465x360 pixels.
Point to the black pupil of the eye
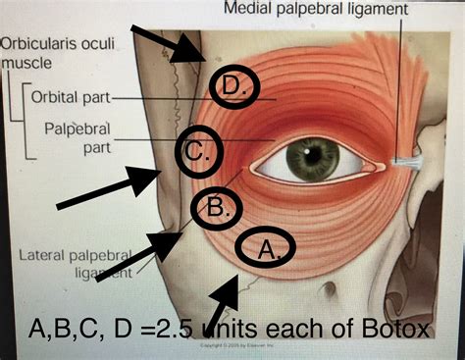pos(313,158)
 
